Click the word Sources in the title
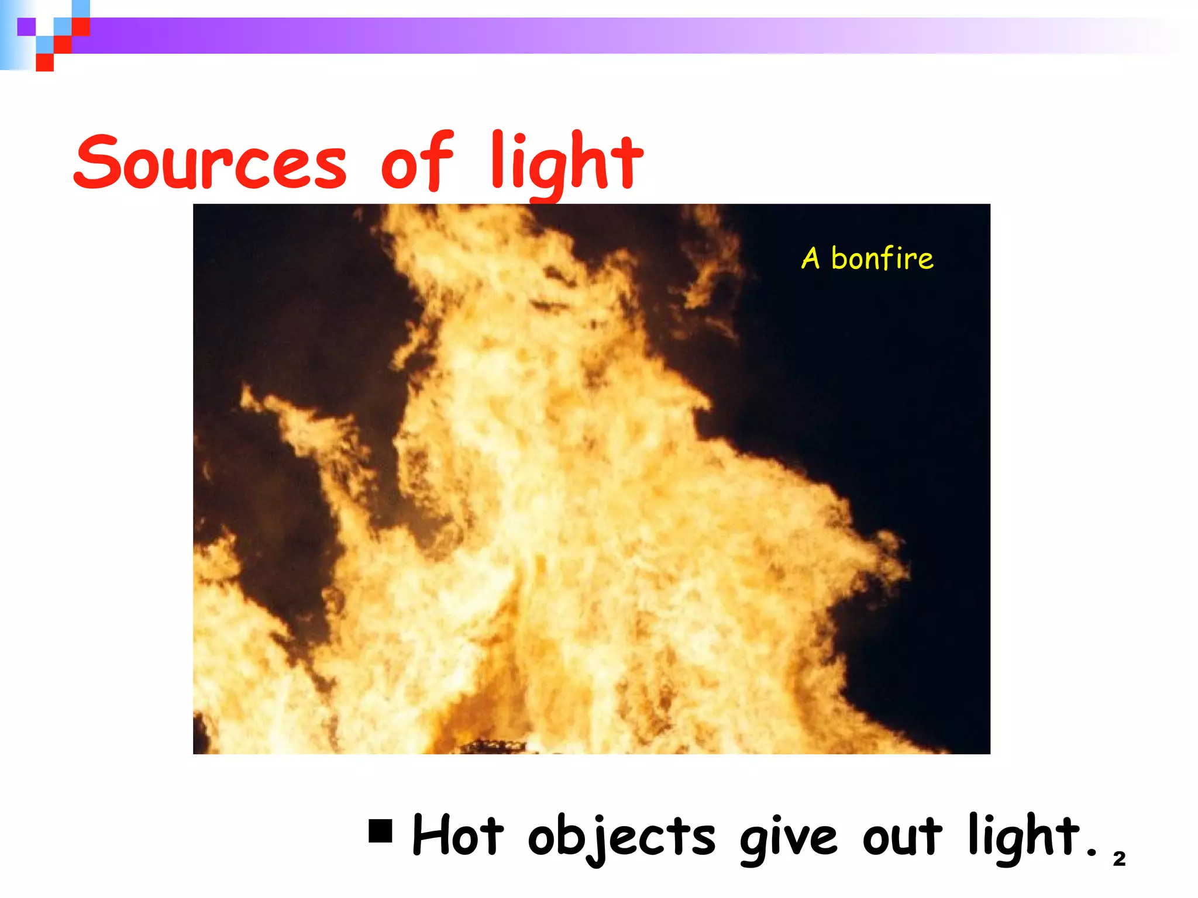pos(211,162)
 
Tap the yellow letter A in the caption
pos(810,258)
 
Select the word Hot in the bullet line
pos(457,836)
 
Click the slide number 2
pos(1119,859)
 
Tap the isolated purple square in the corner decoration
pos(26,27)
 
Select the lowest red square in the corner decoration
pos(45,63)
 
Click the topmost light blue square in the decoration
pos(81,9)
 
